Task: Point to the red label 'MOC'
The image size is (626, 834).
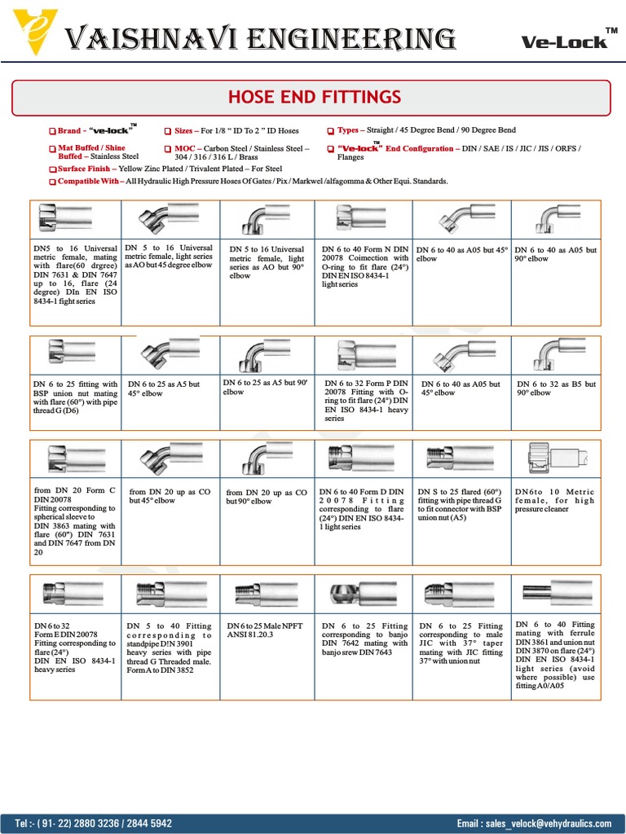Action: pyautogui.click(x=184, y=149)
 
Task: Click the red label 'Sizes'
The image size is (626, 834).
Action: pyautogui.click(x=183, y=130)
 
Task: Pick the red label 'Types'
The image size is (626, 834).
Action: pyautogui.click(x=348, y=130)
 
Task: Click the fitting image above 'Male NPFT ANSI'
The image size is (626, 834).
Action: pyautogui.click(x=266, y=593)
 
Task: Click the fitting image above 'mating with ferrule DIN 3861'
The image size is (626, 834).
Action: pyautogui.click(x=557, y=593)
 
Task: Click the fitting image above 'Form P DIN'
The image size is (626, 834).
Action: pyautogui.click(x=363, y=354)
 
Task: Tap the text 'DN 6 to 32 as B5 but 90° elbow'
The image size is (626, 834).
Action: pyautogui.click(x=557, y=388)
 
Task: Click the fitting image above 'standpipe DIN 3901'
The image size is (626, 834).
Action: pyautogui.click(x=170, y=593)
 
